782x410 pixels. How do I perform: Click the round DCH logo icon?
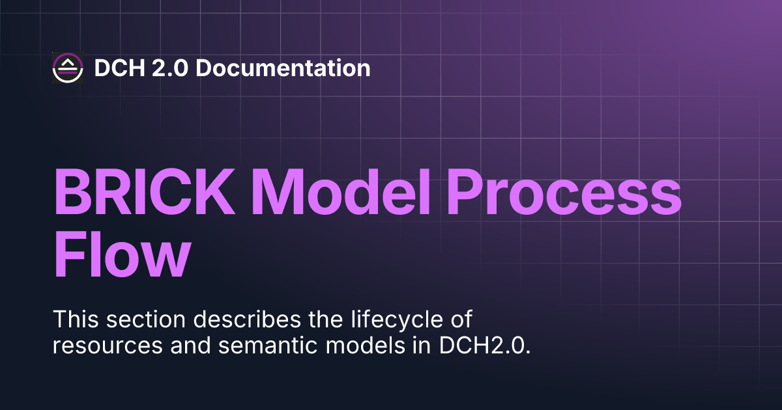[x=68, y=68]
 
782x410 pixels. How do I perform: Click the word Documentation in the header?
[x=282, y=68]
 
